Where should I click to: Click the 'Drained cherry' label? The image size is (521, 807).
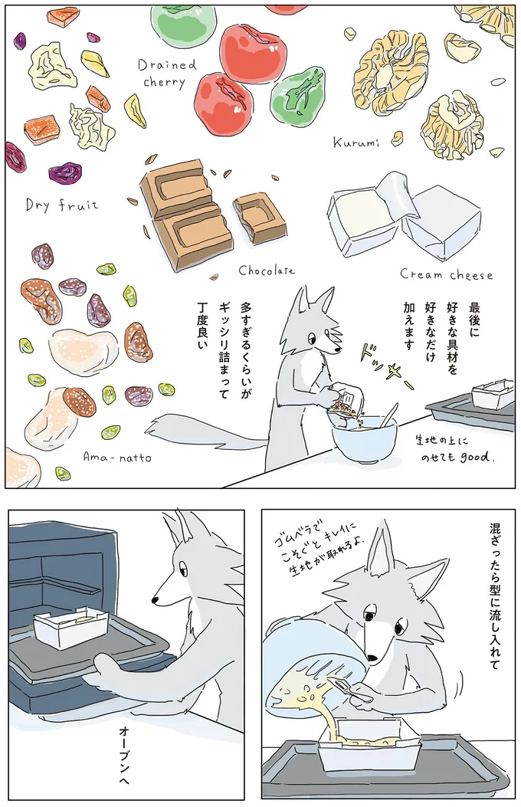click(167, 74)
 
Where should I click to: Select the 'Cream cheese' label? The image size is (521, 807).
click(446, 274)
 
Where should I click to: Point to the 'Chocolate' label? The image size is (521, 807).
click(266, 270)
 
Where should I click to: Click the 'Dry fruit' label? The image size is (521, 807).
click(61, 205)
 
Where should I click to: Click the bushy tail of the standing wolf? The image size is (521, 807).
click(199, 433)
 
